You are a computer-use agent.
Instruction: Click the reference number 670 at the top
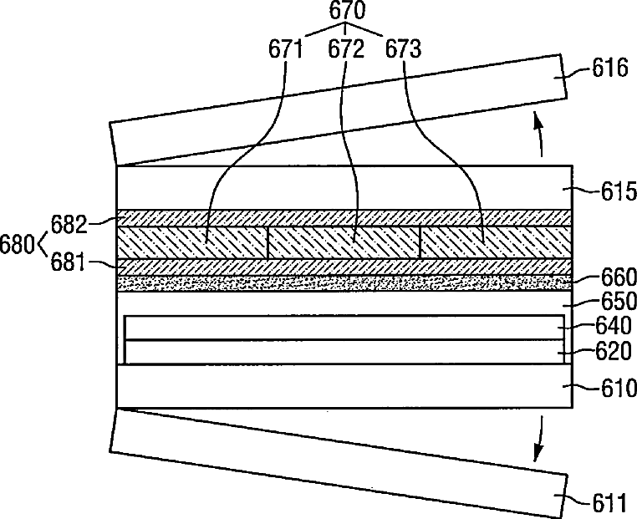pos(345,13)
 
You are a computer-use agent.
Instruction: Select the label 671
pos(286,49)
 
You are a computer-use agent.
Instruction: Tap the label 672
pos(345,49)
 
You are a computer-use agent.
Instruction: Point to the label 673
pos(405,49)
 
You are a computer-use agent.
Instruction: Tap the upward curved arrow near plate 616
pos(539,137)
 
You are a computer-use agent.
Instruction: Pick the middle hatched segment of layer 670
pos(343,242)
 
